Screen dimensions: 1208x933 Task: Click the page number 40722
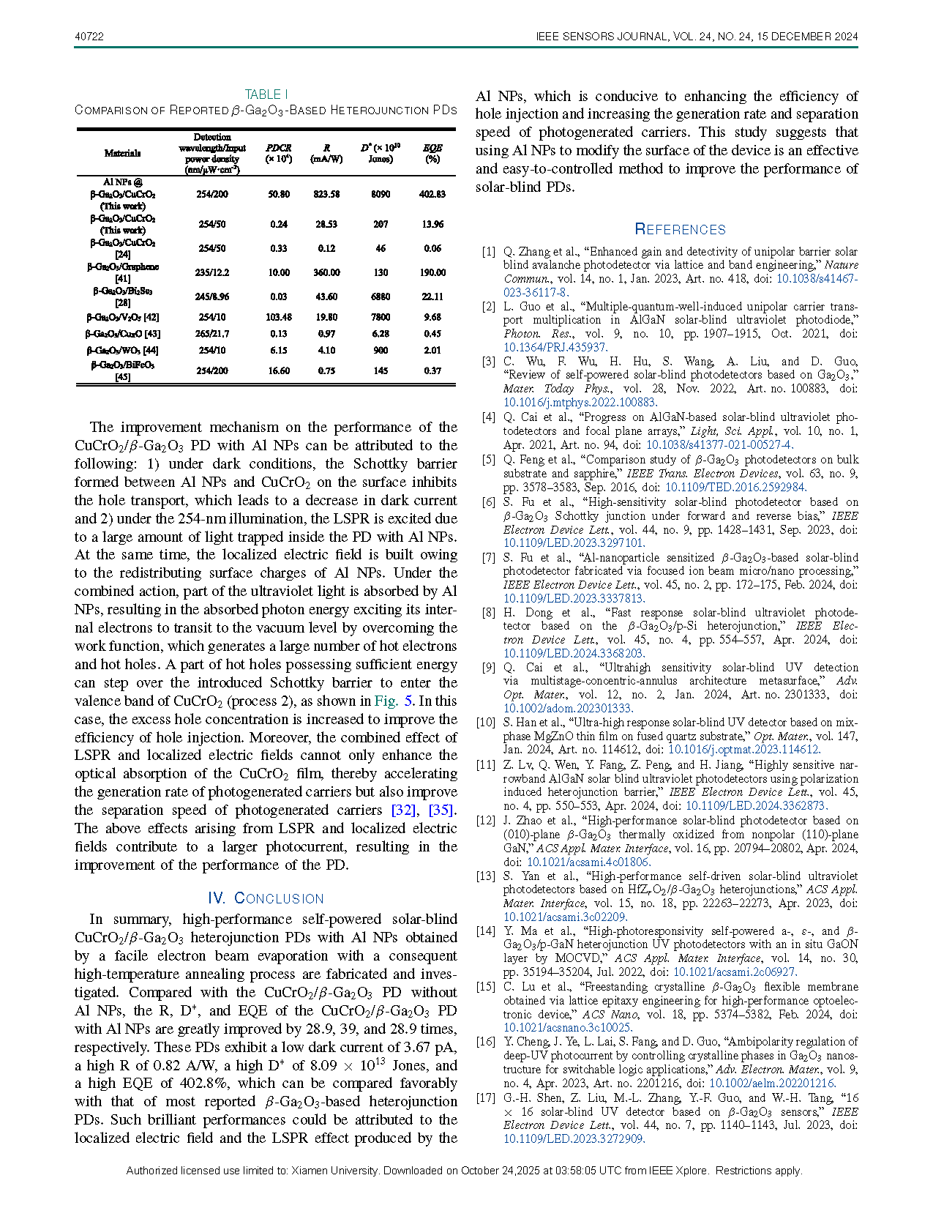coord(89,37)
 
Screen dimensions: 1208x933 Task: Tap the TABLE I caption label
coord(266,94)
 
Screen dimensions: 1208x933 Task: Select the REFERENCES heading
coord(680,229)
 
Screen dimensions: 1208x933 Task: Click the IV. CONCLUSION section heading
coord(266,898)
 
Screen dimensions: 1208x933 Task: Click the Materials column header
coord(122,153)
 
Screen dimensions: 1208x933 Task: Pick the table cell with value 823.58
coord(326,194)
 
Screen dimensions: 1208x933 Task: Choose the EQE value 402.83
coord(432,194)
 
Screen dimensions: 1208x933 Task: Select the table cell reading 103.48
coord(279,317)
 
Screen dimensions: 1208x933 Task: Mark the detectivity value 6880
coord(381,297)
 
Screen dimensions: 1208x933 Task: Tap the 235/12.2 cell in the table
coord(212,272)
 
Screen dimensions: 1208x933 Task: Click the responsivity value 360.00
coord(326,272)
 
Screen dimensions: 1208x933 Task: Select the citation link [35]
coord(441,810)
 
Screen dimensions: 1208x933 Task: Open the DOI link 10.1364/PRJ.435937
coord(555,347)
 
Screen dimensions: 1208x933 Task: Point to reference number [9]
coord(488,668)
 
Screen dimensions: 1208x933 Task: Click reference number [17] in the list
coord(486,1098)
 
